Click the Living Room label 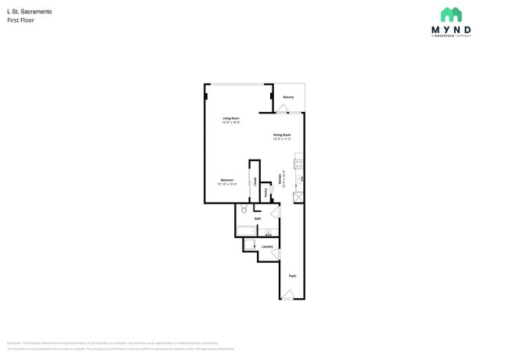click(x=231, y=118)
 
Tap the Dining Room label click(x=282, y=135)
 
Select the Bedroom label click(x=227, y=180)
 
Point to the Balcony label click(x=288, y=97)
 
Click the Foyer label click(x=292, y=276)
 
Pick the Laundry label click(x=267, y=247)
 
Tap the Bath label click(x=258, y=218)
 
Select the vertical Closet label click(x=254, y=181)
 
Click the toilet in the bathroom click(x=244, y=210)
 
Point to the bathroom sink click(x=269, y=232)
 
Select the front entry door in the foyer click(x=288, y=294)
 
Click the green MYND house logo click(x=451, y=14)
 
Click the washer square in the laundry click(x=250, y=245)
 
